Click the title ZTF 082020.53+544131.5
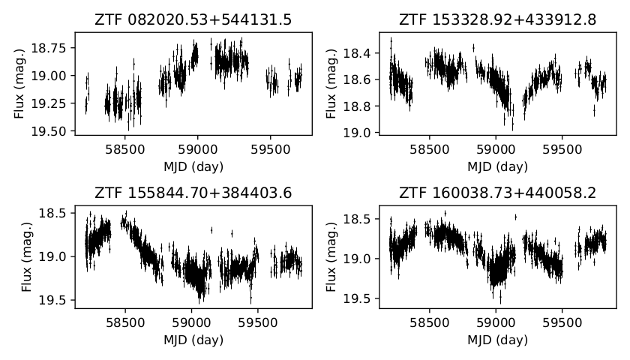click(193, 19)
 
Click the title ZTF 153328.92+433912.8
click(498, 19)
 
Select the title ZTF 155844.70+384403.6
click(193, 193)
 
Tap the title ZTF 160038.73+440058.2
click(498, 193)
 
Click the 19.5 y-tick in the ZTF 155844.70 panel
click(58, 300)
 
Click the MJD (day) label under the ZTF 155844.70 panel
click(193, 338)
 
